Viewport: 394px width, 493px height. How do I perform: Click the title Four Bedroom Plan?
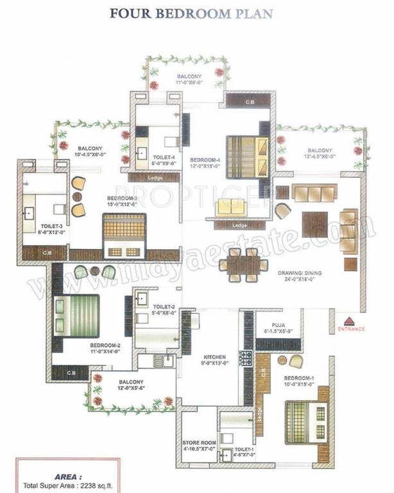click(191, 13)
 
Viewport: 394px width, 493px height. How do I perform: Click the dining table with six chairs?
click(243, 265)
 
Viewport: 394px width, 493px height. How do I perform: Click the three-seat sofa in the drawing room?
click(314, 192)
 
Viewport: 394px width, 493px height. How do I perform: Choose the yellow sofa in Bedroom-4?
click(230, 207)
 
